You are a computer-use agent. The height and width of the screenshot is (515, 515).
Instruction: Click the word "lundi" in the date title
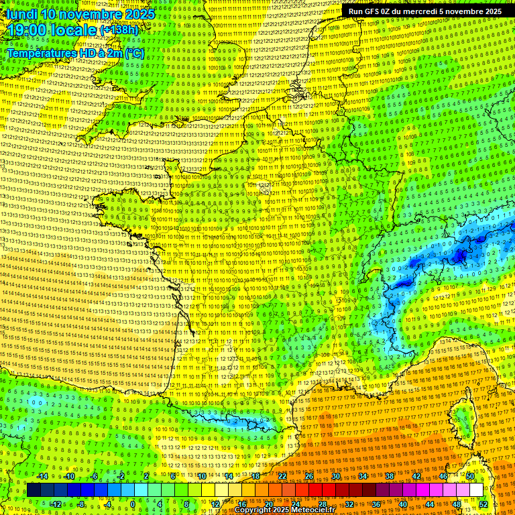tap(21, 13)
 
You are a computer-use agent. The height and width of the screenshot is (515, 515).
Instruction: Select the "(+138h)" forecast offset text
tap(119, 30)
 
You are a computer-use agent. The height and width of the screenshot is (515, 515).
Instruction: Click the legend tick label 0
tap(133, 504)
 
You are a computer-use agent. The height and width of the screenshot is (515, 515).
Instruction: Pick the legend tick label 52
tap(483, 504)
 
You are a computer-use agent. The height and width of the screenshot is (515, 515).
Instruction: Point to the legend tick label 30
tap(335, 477)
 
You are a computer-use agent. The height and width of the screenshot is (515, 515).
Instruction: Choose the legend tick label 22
tap(282, 477)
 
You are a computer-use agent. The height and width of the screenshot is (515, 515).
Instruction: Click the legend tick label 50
tap(470, 477)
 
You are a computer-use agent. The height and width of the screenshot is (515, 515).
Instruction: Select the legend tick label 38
tap(389, 477)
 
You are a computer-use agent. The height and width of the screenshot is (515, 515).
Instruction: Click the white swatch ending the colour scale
tap(476, 490)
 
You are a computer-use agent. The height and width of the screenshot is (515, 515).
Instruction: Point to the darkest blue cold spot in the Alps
tap(460, 255)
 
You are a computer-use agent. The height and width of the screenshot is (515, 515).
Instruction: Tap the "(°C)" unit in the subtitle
tap(133, 52)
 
